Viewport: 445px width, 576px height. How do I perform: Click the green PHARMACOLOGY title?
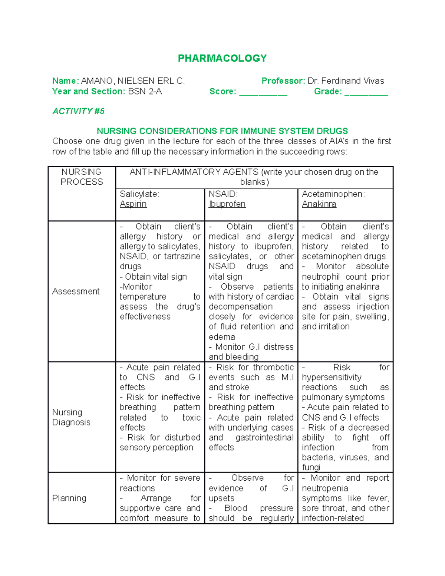click(x=222, y=58)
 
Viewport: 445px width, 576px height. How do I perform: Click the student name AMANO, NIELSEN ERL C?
click(x=132, y=81)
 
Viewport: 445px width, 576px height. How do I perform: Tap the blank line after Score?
click(x=263, y=92)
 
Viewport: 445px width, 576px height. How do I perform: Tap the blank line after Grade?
click(x=366, y=92)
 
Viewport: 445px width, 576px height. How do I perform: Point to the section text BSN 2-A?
click(x=145, y=92)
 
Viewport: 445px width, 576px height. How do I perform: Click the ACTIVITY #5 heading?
click(x=78, y=111)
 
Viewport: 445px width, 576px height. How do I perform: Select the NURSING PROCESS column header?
click(x=82, y=177)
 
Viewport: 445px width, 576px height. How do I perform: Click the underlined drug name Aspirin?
click(x=133, y=204)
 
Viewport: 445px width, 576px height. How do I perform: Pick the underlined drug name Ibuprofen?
click(x=227, y=204)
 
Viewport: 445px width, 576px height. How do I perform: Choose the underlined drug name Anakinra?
click(x=319, y=204)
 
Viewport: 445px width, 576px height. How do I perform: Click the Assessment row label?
click(x=76, y=292)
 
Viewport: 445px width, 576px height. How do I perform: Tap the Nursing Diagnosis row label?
click(x=71, y=417)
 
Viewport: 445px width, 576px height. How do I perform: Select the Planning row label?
click(x=69, y=498)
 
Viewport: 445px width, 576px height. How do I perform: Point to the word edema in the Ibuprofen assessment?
click(x=222, y=337)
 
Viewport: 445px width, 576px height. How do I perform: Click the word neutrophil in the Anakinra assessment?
click(x=321, y=277)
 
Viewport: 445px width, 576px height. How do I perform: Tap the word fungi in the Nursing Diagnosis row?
click(x=311, y=467)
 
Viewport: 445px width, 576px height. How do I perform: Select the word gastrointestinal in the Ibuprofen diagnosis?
click(x=264, y=438)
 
